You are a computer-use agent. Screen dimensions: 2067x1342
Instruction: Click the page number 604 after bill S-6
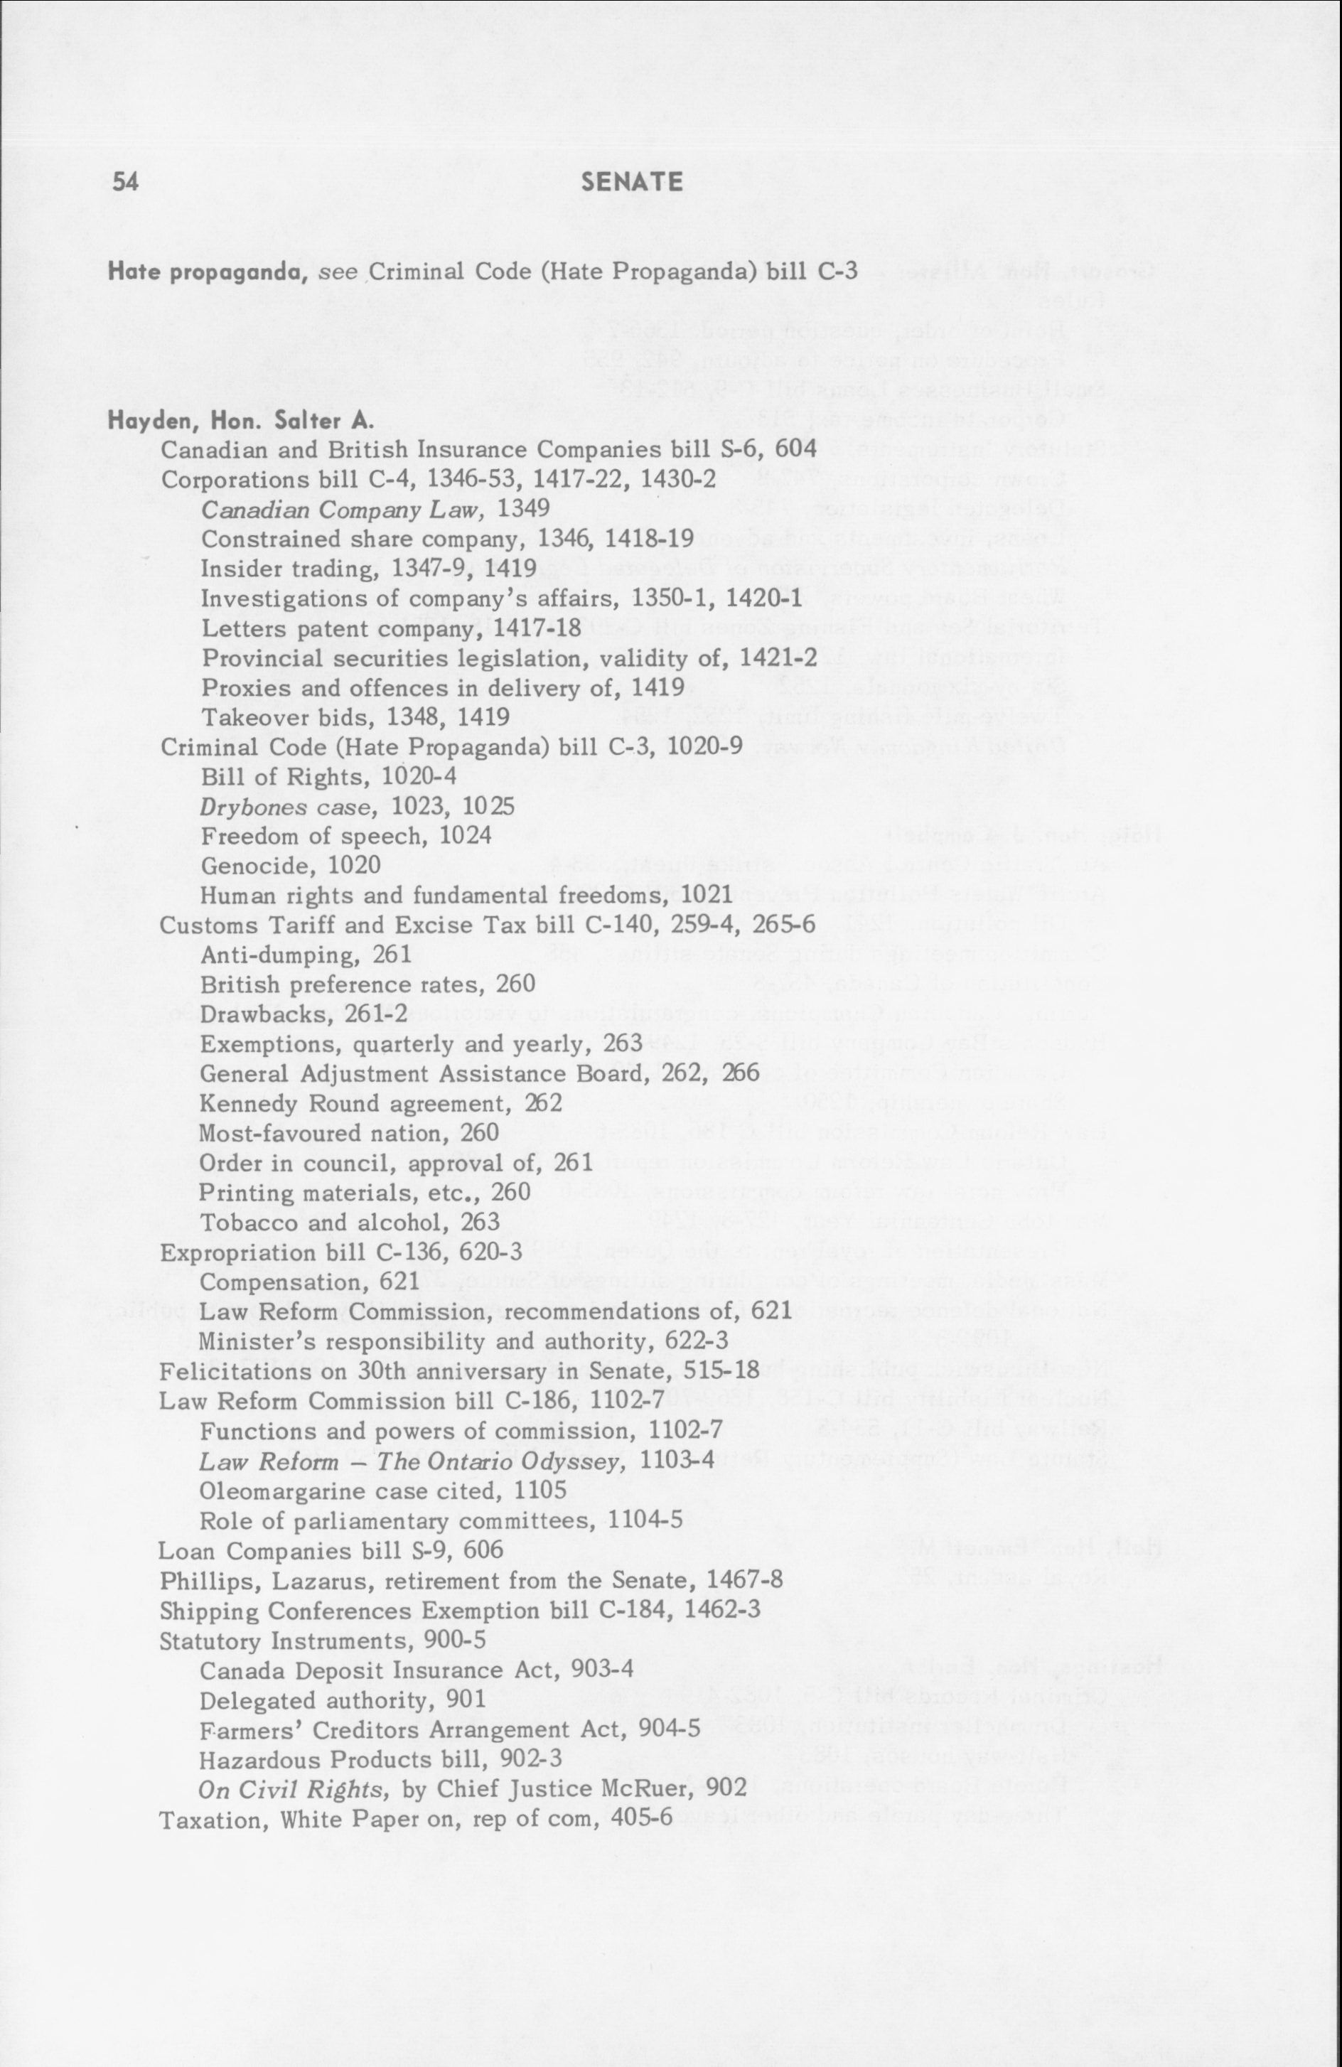797,450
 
